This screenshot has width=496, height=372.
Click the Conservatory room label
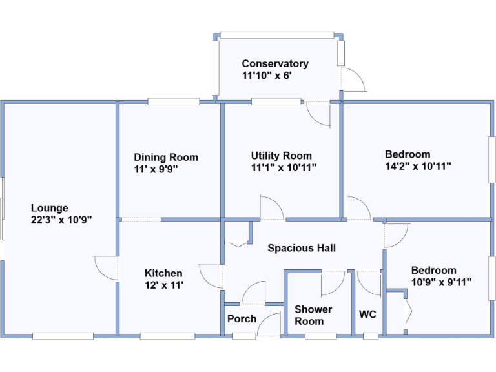[275, 63]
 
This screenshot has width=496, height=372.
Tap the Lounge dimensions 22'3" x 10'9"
[62, 219]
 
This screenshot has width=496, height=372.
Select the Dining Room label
[166, 157]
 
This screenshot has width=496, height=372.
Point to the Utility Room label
[281, 156]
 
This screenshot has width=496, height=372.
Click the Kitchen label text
[163, 273]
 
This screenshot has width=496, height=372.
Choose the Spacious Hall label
[302, 248]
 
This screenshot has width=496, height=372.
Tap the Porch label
[242, 318]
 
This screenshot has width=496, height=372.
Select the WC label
[367, 315]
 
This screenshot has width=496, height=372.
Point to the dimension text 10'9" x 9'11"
[442, 282]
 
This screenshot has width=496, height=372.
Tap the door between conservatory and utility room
[318, 113]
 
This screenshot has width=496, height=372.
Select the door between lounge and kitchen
[106, 267]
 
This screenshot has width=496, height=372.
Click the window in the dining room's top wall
[173, 101]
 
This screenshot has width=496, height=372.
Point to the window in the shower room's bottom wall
[320, 336]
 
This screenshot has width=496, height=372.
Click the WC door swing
[369, 282]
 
